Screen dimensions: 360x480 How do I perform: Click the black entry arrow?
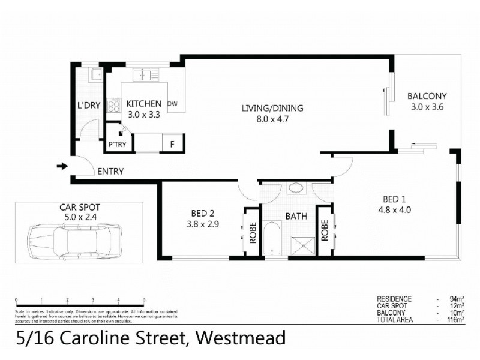tap(62, 166)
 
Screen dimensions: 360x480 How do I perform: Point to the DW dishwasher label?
tap(173, 104)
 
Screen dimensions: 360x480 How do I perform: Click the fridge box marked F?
tap(173, 144)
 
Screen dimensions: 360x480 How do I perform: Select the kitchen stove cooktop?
tap(114, 106)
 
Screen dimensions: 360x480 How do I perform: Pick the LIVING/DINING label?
tap(272, 109)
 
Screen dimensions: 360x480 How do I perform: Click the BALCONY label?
tap(427, 96)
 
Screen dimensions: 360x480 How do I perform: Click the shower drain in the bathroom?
tap(302, 244)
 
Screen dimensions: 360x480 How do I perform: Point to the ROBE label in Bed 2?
tap(252, 232)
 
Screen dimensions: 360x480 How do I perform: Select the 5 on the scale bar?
tap(144, 299)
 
